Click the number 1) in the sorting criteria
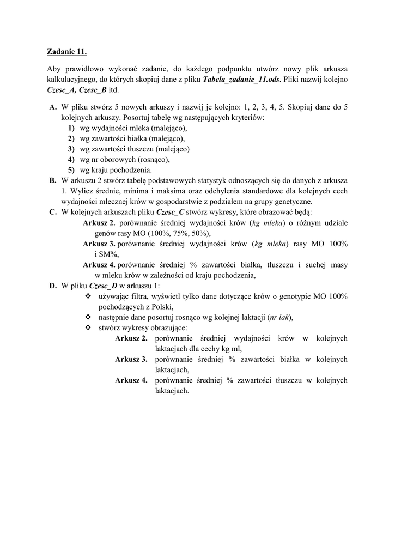click(71, 128)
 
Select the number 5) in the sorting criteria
click(71, 169)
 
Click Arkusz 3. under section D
click(131, 359)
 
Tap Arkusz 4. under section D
click(131, 380)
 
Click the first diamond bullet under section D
click(88, 296)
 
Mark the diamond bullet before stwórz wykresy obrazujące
click(88, 327)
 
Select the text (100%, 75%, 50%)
click(178, 233)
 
